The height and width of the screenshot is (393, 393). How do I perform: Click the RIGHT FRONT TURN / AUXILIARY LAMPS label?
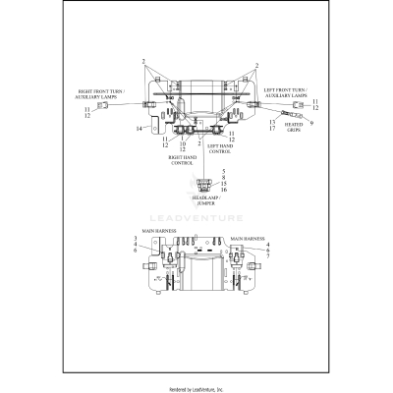tap(101, 93)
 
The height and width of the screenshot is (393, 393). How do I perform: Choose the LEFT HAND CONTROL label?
tap(220, 148)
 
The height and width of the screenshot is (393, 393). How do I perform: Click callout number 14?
tap(140, 128)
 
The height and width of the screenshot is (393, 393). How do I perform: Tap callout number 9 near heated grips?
tap(313, 124)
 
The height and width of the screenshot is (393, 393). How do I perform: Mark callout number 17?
tap(272, 129)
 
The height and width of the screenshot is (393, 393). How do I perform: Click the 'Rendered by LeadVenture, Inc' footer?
tap(196, 389)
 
